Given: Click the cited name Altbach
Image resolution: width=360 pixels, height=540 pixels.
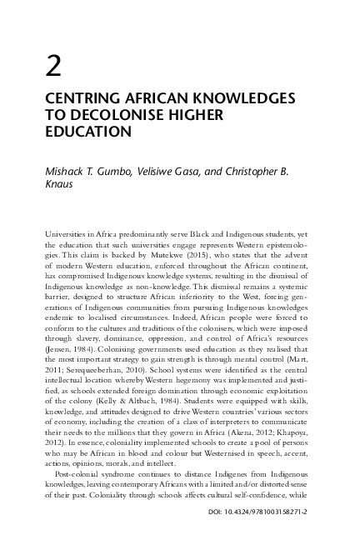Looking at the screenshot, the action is click(x=146, y=412).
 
